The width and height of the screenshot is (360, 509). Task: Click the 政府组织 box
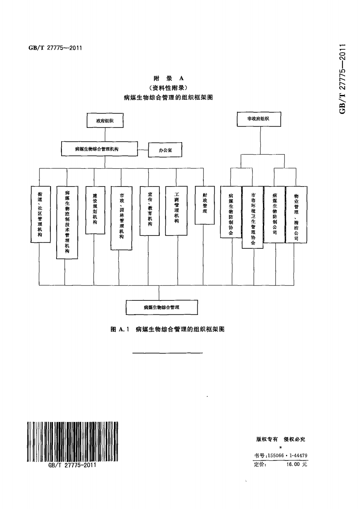point(105,121)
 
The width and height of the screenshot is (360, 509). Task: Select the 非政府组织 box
point(259,119)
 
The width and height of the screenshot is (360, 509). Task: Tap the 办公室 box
point(165,150)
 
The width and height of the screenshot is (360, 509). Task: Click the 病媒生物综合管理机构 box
point(99,149)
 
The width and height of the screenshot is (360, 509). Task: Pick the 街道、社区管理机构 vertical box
point(40,214)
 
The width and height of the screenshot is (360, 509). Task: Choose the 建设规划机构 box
point(95,210)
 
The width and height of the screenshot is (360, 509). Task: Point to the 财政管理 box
point(204,205)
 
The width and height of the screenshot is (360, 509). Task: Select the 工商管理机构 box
point(176,210)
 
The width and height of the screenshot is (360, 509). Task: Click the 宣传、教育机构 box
point(149,210)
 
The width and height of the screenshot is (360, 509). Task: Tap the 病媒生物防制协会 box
point(231,212)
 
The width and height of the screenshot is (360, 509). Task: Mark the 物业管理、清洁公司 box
point(296,214)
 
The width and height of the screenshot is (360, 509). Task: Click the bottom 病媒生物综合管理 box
point(162,307)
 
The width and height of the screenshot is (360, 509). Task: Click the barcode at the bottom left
point(72,441)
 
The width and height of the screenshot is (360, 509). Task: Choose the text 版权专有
point(267,439)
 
